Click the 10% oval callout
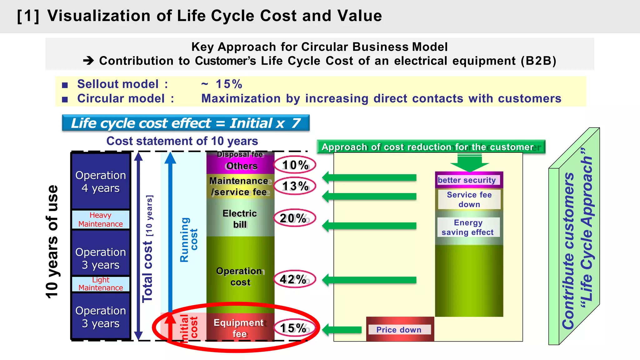coord(295,165)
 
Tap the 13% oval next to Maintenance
coord(295,186)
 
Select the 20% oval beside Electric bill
coord(294,218)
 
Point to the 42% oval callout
coord(294,279)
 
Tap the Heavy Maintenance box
coord(101,219)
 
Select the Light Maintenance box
coord(101,284)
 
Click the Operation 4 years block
coord(101,182)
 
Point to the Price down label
coord(399,330)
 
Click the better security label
coord(467,180)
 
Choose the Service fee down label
coord(469,199)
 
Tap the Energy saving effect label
coord(468,227)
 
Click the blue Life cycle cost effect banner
coord(186,123)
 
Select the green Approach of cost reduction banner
coord(431,147)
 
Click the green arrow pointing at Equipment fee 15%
coord(342,330)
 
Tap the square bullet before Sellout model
coord(65,85)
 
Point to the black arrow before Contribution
coord(88,60)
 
